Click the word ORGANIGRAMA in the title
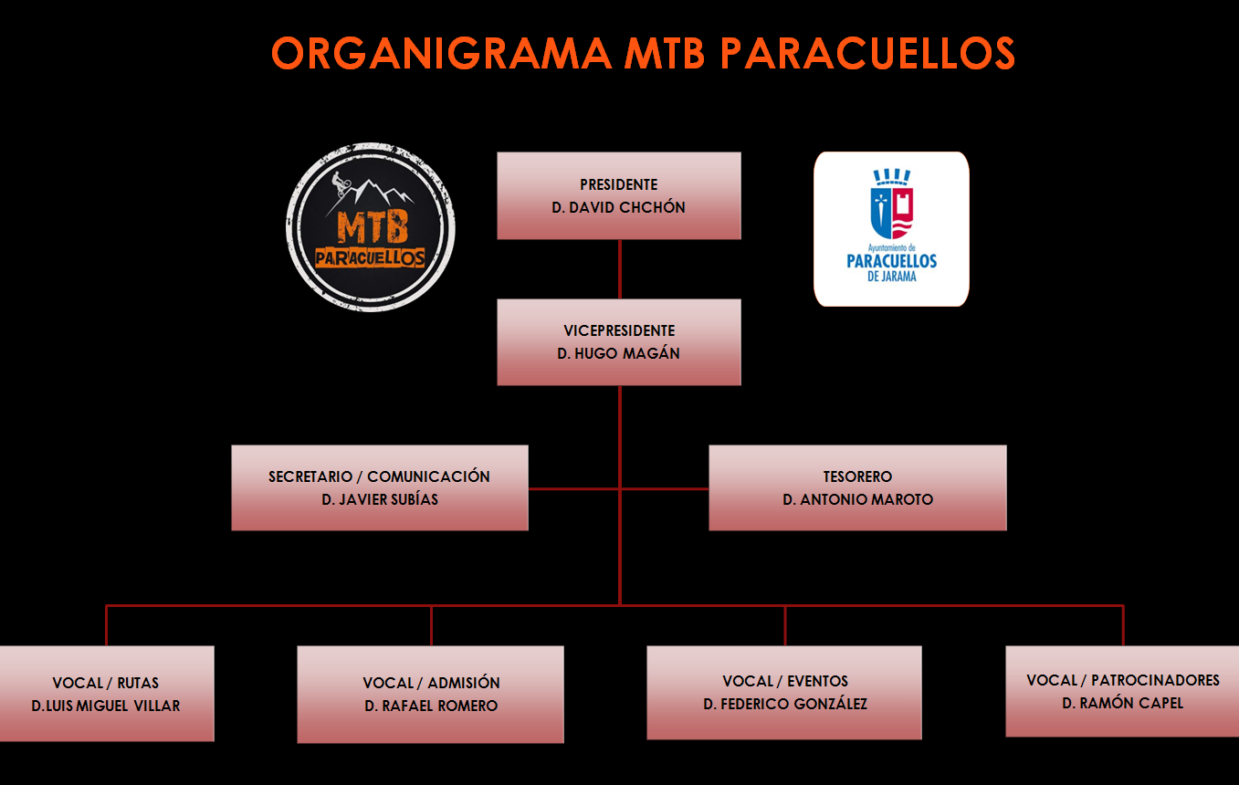(441, 53)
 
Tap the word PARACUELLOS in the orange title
(867, 53)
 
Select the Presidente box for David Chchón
(619, 195)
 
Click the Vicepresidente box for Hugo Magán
(619, 342)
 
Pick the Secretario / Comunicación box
(380, 487)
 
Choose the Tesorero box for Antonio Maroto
(858, 487)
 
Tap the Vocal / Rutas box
(107, 694)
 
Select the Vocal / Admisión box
(430, 695)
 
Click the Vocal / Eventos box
(784, 693)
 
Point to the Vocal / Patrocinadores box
(1122, 691)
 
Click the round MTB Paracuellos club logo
(371, 227)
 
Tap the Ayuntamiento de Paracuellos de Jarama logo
(891, 229)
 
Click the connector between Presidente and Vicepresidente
(619, 269)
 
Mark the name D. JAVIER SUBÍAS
(380, 499)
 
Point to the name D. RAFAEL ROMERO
(431, 706)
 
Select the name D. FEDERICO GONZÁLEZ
(785, 704)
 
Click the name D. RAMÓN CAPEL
(1122, 703)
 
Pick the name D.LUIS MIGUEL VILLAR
(106, 706)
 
